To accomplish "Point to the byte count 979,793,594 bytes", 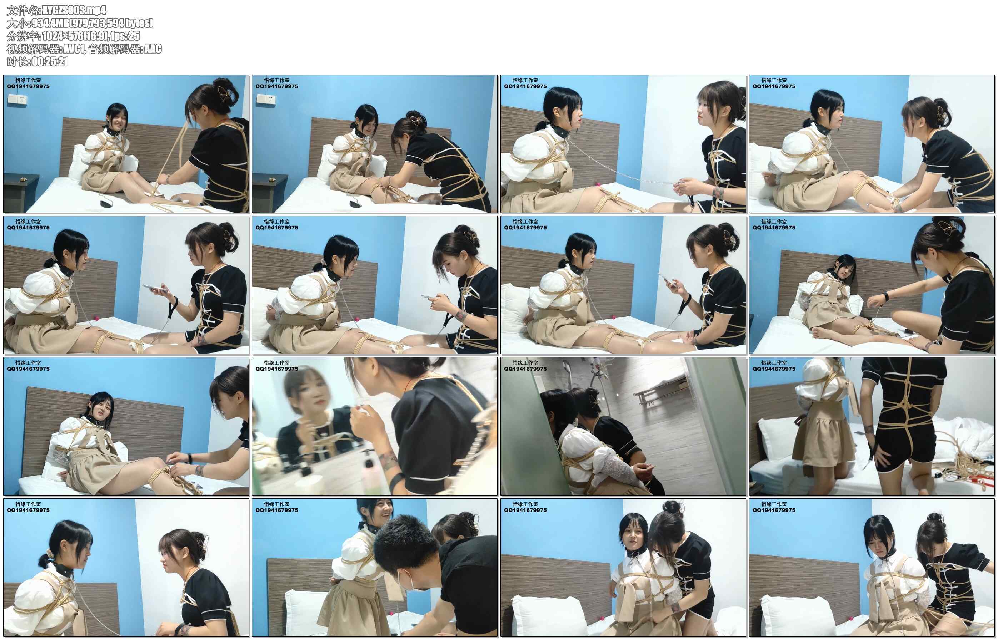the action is point(112,23).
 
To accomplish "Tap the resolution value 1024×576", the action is point(63,36).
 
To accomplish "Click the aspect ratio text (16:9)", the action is point(96,36).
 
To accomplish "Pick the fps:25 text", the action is point(126,36).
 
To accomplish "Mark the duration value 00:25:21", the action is point(50,61).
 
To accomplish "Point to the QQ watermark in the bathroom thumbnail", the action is point(525,369).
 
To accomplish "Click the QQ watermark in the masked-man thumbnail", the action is point(276,510).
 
